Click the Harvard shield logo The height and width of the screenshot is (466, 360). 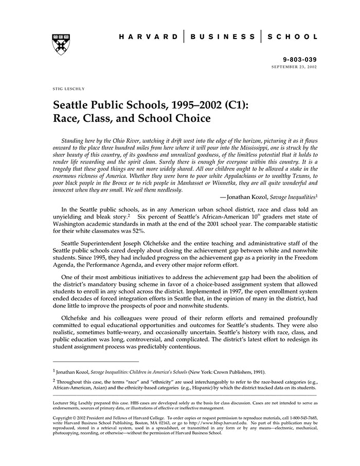click(61, 45)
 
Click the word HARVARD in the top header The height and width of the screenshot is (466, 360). click(148, 37)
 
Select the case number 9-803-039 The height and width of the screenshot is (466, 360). click(300, 60)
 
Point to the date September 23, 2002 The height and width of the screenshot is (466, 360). click(294, 67)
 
